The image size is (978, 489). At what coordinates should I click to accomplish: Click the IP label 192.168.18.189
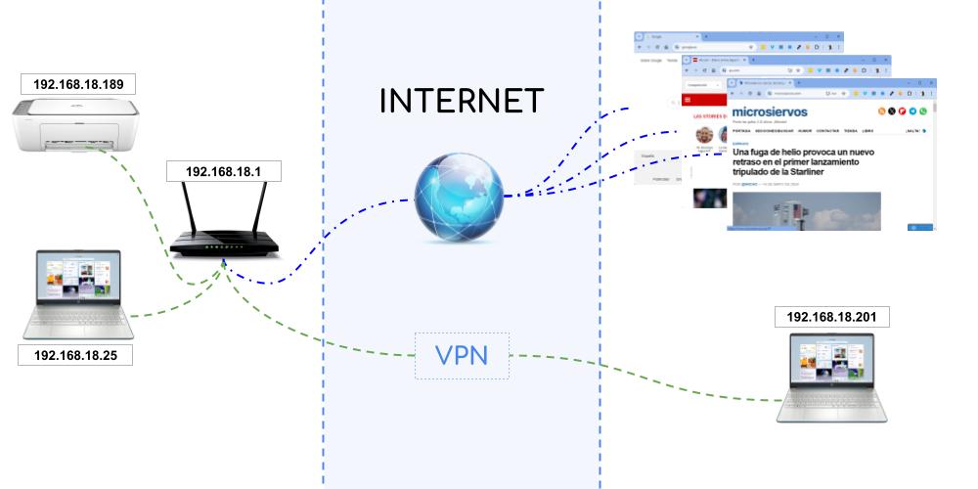tap(76, 84)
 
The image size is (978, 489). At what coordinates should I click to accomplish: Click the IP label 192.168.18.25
tap(75, 355)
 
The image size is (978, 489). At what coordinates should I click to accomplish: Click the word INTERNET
tap(462, 101)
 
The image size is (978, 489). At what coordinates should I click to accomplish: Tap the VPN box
tap(462, 356)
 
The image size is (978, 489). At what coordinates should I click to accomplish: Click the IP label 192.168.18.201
tap(831, 317)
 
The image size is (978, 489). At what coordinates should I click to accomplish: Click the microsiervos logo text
tap(783, 112)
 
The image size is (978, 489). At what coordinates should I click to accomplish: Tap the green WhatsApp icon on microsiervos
tap(921, 112)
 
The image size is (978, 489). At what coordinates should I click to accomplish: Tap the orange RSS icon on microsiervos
tap(881, 112)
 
